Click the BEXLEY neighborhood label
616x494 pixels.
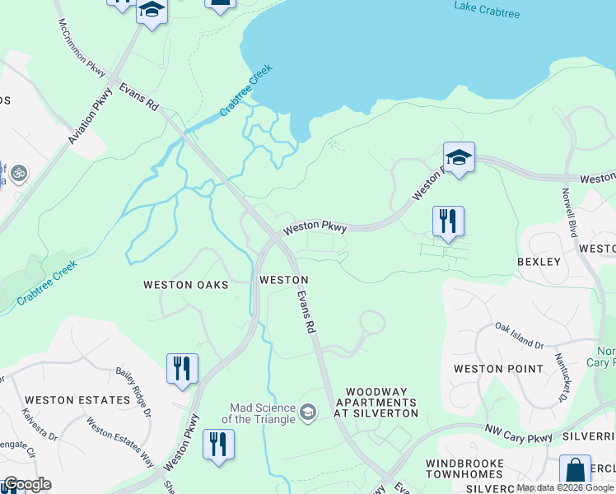click(539, 262)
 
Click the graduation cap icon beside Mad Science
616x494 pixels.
click(307, 412)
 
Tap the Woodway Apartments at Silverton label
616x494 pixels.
click(381, 403)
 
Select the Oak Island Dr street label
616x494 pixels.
click(520, 337)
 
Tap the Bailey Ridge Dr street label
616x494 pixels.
click(134, 392)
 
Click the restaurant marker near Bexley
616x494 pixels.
click(448, 222)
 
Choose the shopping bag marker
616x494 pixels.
click(575, 473)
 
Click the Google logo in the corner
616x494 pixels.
click(26, 484)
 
